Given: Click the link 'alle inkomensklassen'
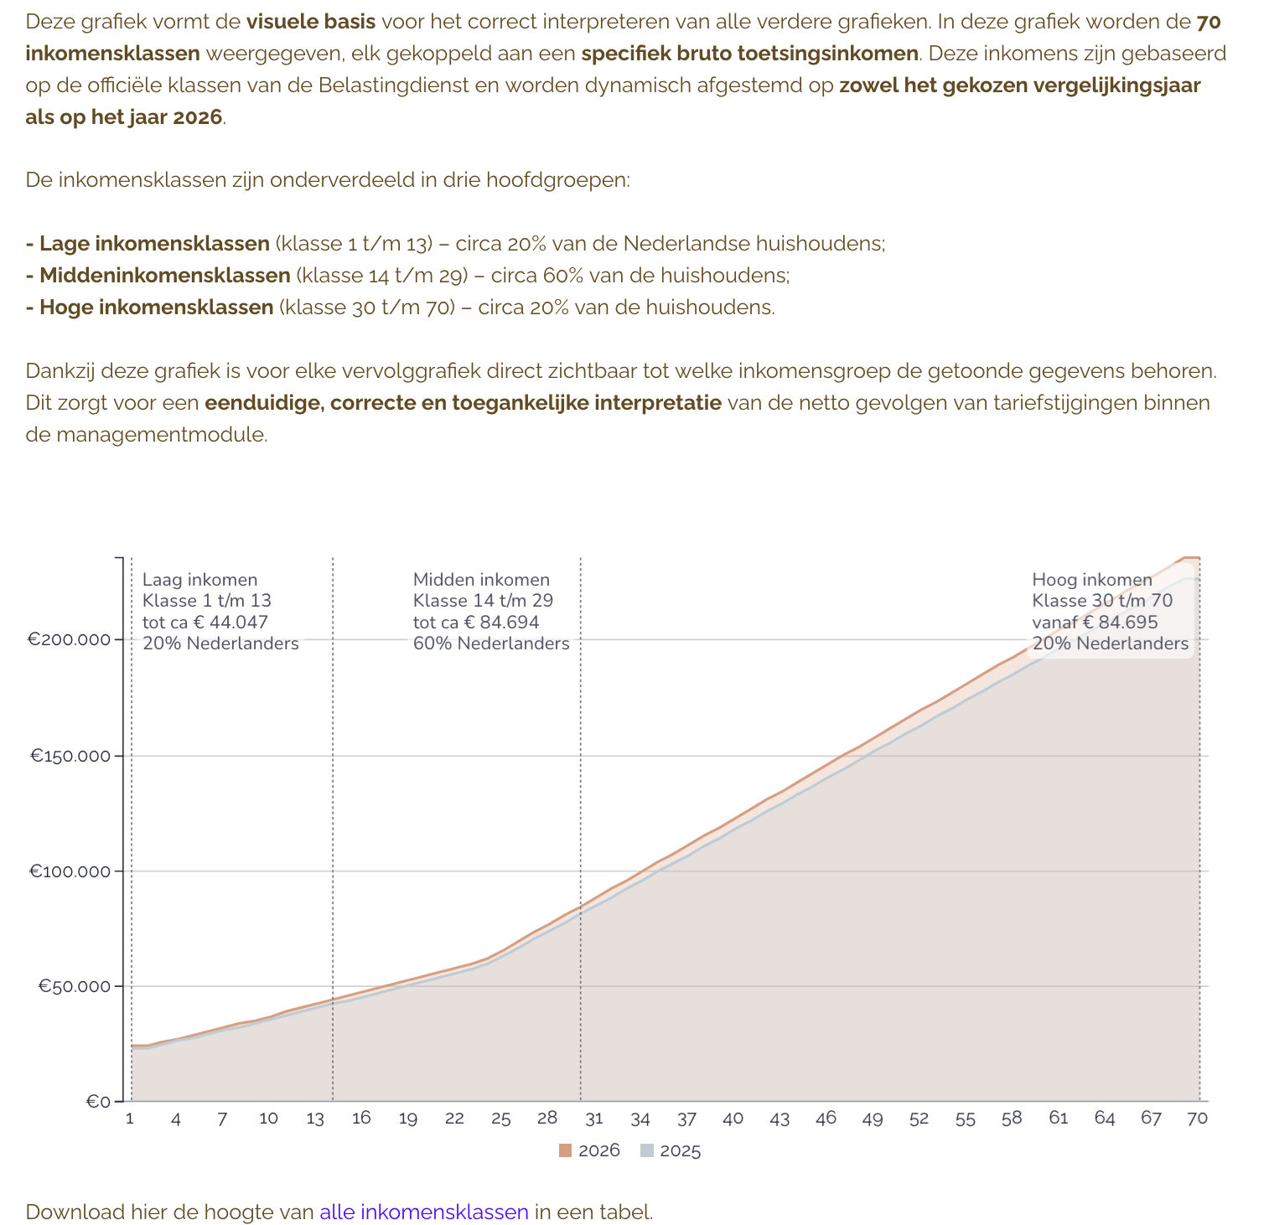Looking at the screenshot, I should click(x=424, y=1212).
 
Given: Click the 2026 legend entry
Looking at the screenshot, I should click(x=589, y=1150).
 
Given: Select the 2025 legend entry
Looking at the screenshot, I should click(x=671, y=1150).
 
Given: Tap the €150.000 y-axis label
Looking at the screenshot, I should click(x=70, y=756).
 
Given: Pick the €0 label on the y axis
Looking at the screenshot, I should click(x=98, y=1102).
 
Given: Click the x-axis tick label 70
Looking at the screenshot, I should click(x=1198, y=1119).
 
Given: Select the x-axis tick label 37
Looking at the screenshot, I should click(x=686, y=1119).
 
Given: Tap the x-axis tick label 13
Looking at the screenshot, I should click(x=315, y=1119).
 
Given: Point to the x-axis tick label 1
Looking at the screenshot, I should click(x=130, y=1119).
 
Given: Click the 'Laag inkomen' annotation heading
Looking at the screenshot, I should click(x=200, y=580).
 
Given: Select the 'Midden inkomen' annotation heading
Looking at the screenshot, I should click(x=481, y=580).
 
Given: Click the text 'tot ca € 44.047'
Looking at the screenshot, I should click(x=205, y=622).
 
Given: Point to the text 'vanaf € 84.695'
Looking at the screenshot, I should click(x=1095, y=622).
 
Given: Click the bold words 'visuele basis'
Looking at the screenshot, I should click(x=310, y=22).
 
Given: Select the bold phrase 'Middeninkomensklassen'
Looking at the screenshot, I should click(x=165, y=276).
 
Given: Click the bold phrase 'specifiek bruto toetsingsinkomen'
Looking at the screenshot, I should click(x=749, y=54).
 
